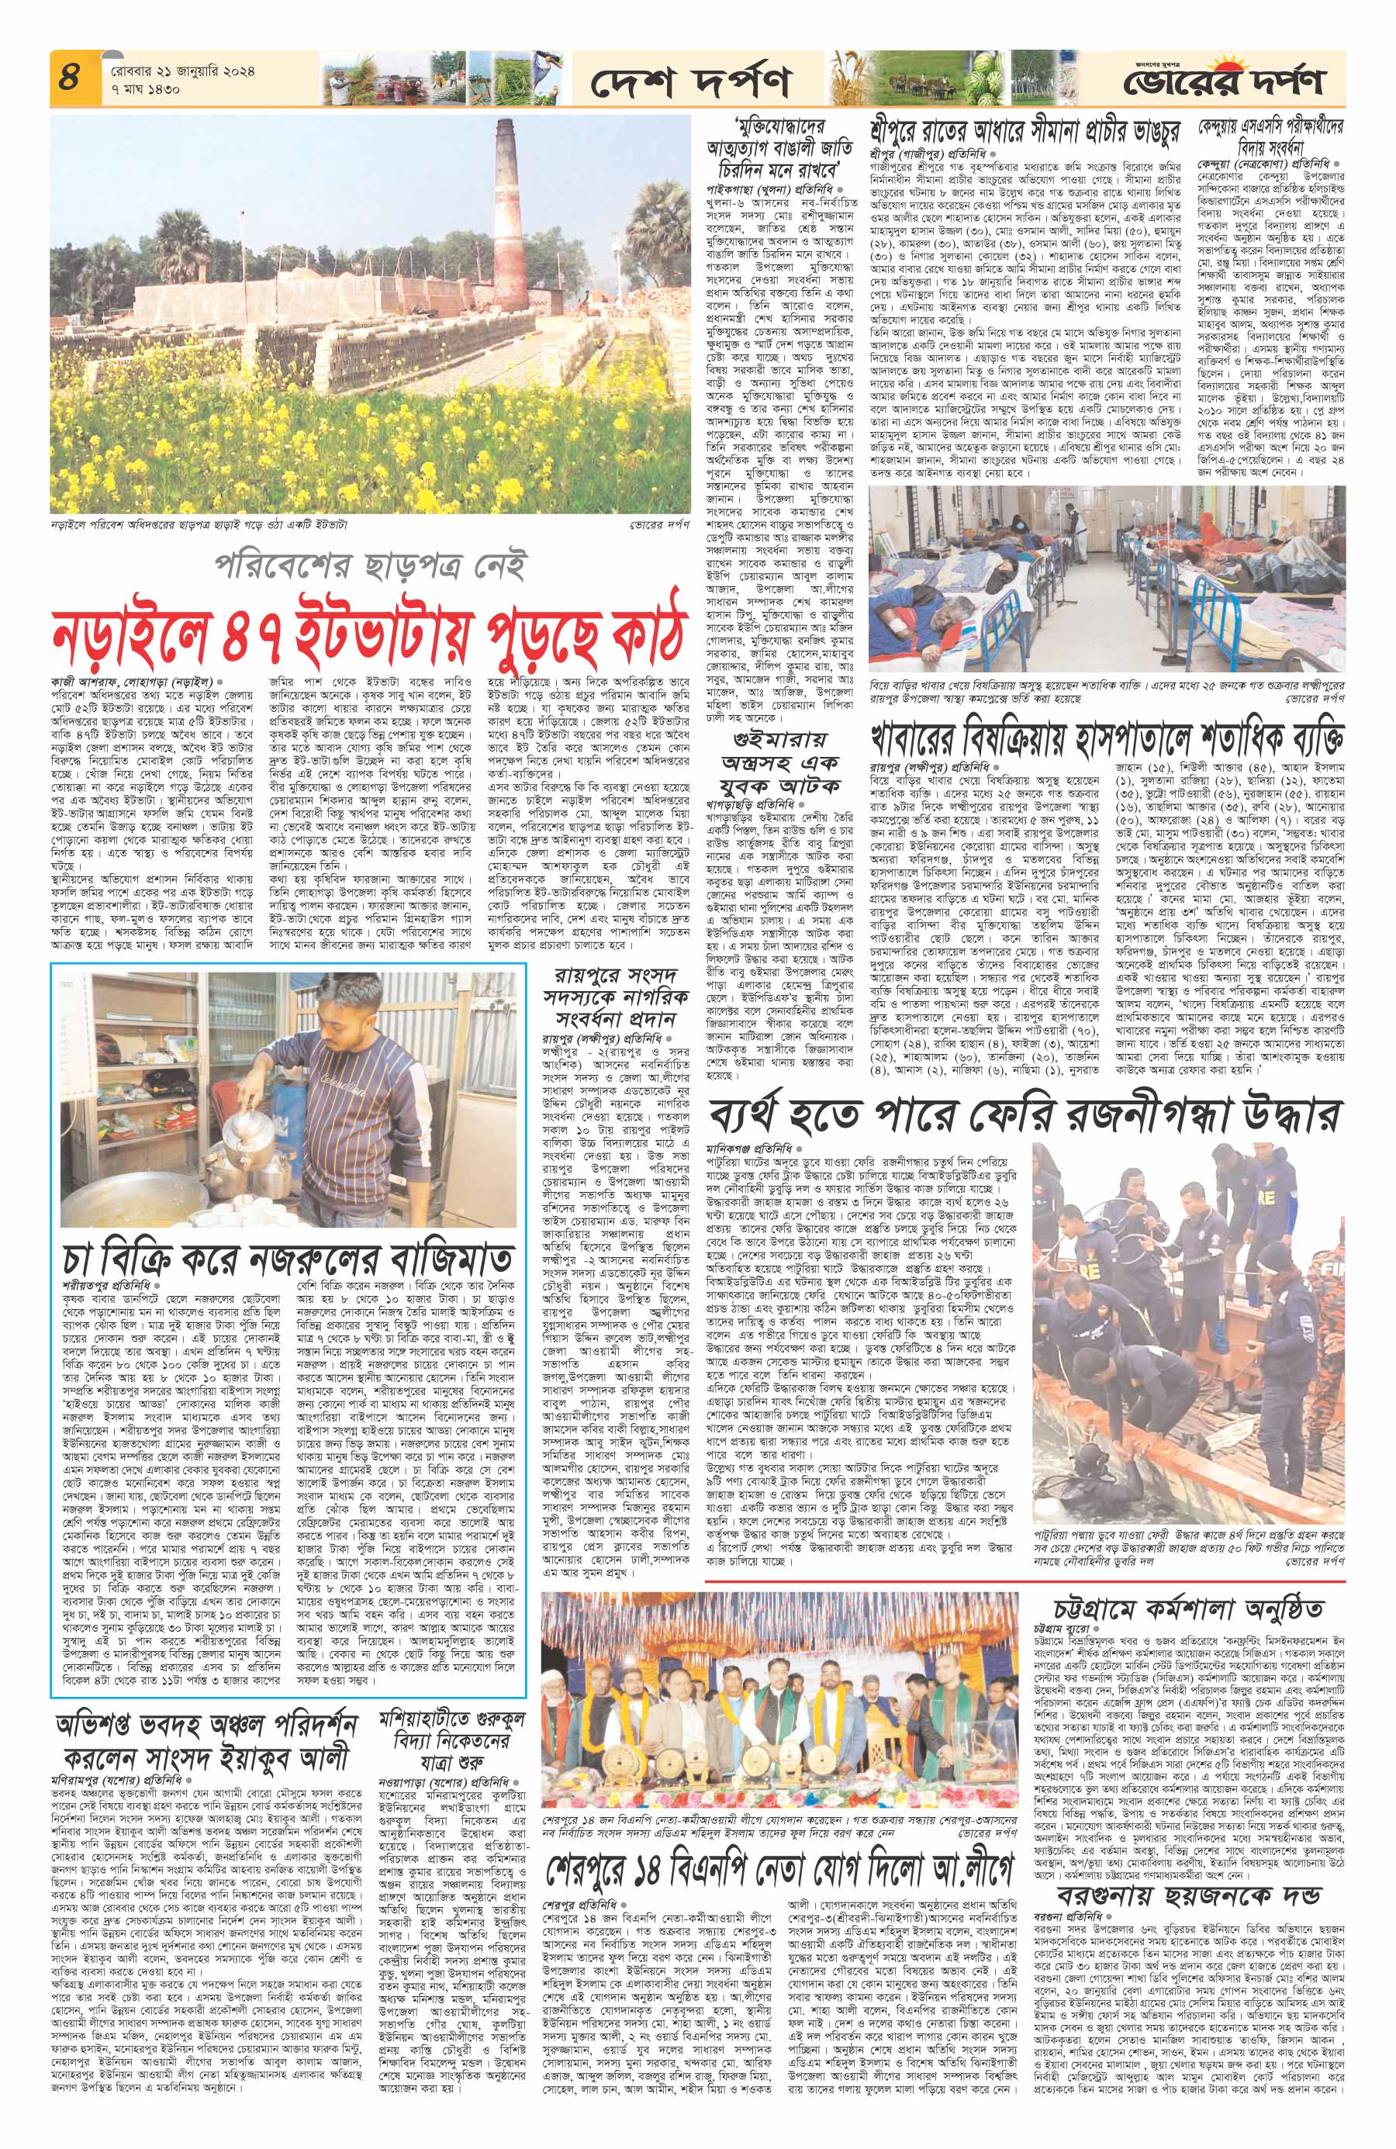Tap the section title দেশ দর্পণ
click(x=691, y=83)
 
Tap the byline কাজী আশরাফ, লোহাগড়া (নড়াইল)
click(x=131, y=679)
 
